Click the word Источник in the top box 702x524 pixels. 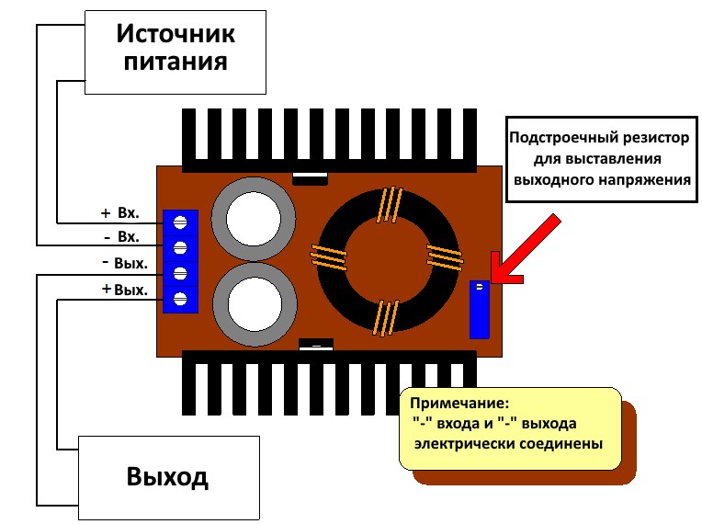coord(175,34)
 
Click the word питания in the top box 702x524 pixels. coord(175,62)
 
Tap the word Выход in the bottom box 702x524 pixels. coord(167,476)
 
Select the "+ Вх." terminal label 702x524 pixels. coord(120,212)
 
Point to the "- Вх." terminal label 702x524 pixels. coord(121,236)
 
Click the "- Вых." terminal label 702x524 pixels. coord(125,262)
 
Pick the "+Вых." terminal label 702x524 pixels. coord(124,290)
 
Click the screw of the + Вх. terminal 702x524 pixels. coord(180,222)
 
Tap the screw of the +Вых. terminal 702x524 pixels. coord(180,299)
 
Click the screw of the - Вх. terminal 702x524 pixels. coord(180,247)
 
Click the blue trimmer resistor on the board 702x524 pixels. coord(479,310)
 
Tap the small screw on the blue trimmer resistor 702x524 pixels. coord(480,287)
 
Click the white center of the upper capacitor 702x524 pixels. coord(254,220)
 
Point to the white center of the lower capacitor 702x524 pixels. coord(255,304)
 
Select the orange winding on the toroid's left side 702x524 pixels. coord(329,257)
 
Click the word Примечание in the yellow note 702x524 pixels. coord(459,403)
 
